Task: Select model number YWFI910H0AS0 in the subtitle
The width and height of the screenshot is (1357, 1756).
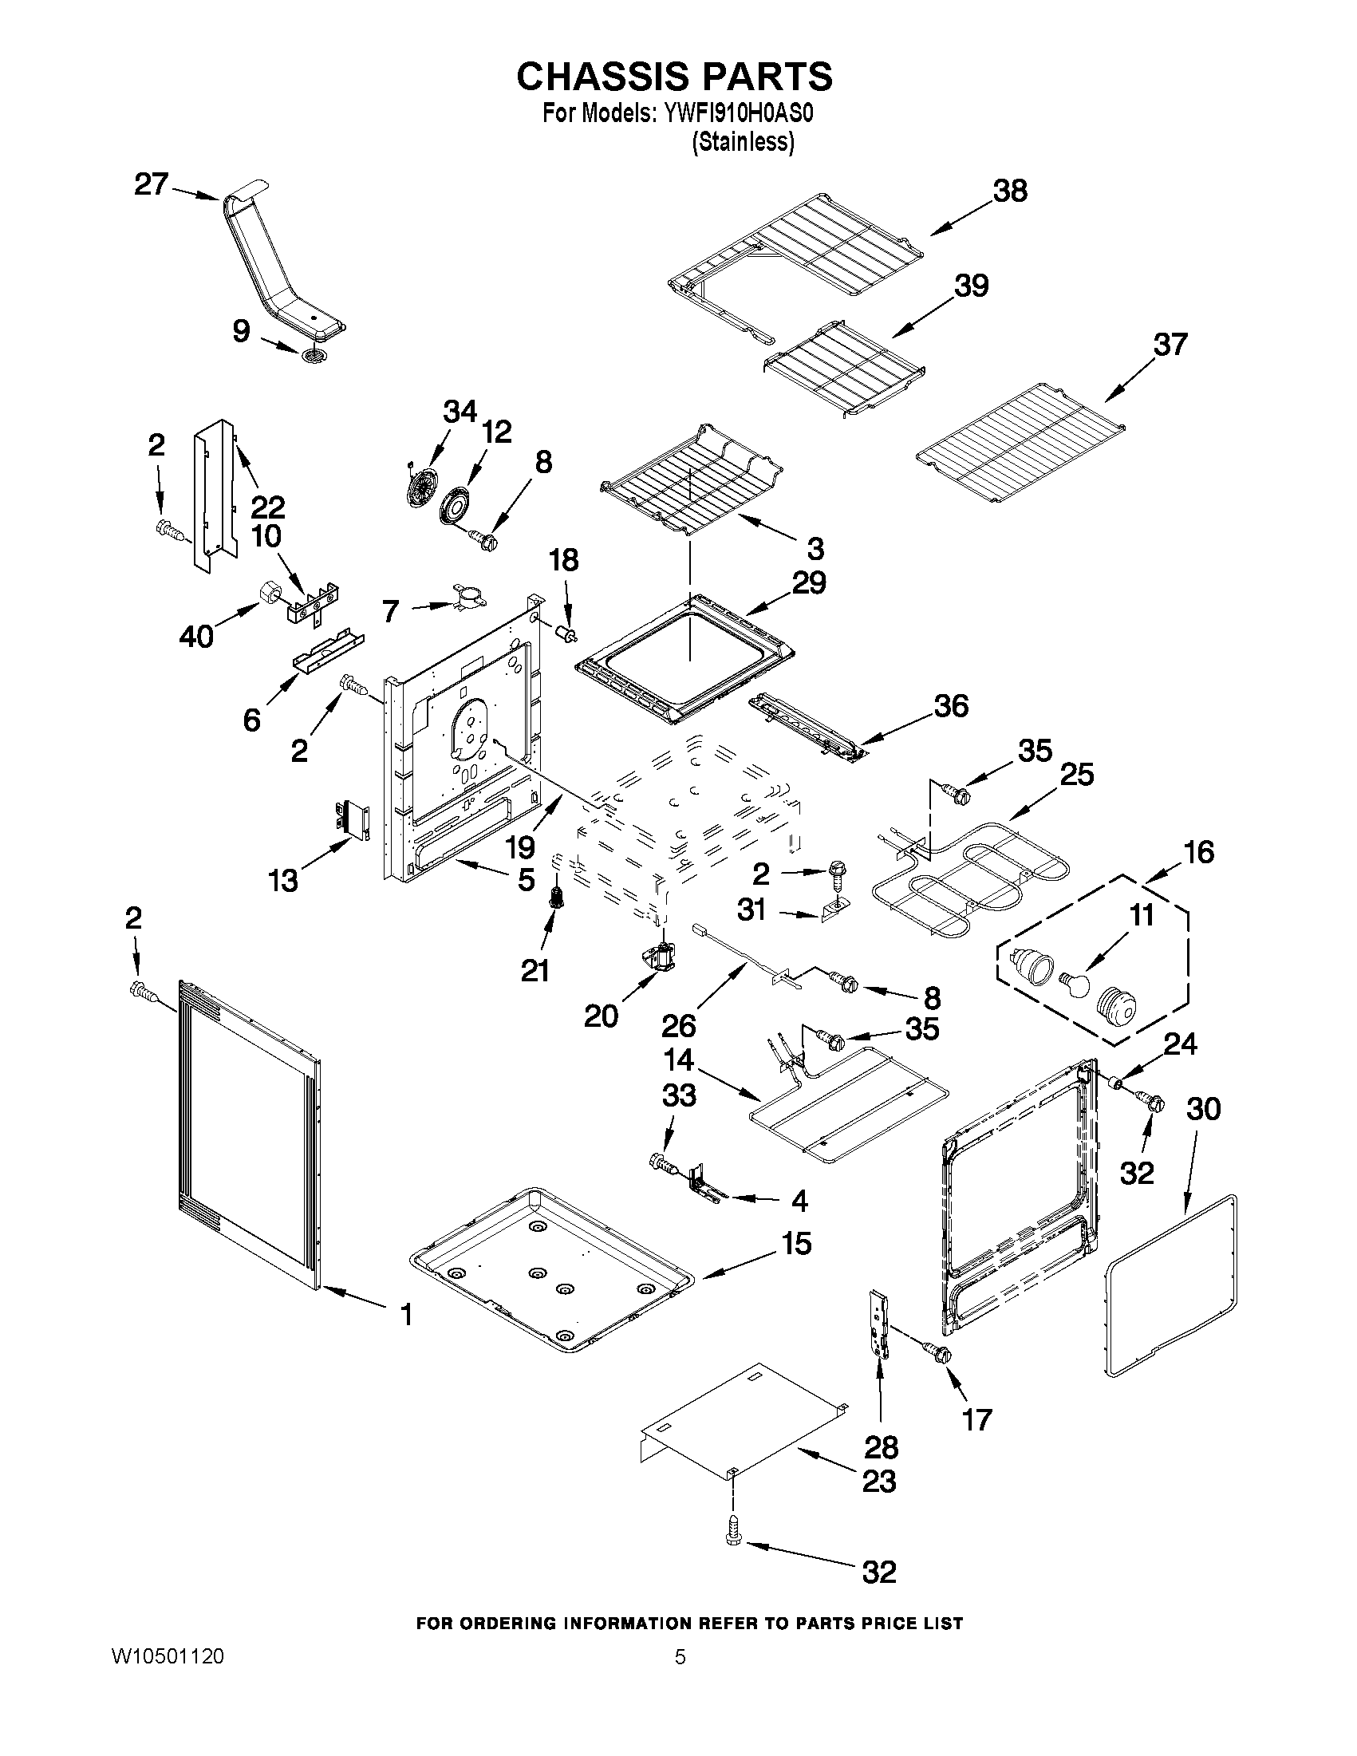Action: [738, 114]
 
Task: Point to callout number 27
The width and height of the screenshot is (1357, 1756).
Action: [151, 185]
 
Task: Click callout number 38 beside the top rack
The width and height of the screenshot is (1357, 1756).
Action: [1010, 191]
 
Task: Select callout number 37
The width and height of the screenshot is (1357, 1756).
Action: [1170, 344]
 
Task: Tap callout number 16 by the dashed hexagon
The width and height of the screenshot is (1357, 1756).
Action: [1198, 852]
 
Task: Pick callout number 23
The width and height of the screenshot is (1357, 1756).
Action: [878, 1481]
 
